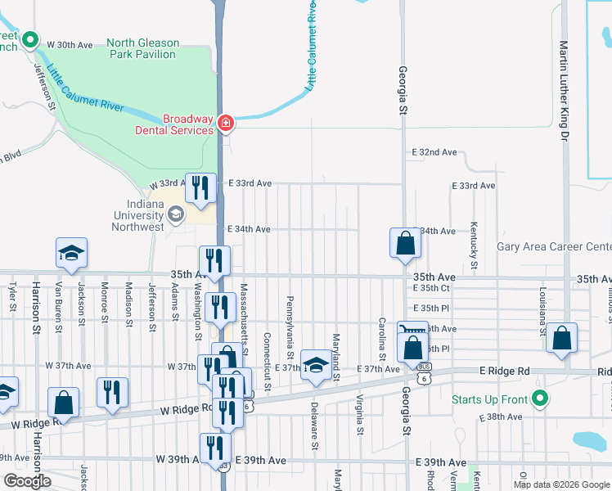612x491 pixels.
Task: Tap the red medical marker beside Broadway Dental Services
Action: pyautogui.click(x=226, y=124)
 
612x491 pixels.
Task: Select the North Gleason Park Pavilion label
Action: pyautogui.click(x=141, y=48)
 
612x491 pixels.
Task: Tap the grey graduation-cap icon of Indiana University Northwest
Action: pyautogui.click(x=174, y=214)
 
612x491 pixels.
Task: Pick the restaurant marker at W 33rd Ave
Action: pyautogui.click(x=200, y=187)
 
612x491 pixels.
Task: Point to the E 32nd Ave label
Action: pyautogui.click(x=434, y=153)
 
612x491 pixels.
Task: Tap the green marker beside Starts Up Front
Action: pyautogui.click(x=539, y=399)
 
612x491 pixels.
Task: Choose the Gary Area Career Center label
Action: pyautogui.click(x=554, y=246)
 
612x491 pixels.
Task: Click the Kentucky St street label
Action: pyautogui.click(x=474, y=245)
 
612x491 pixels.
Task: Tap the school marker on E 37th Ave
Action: pyautogui.click(x=315, y=364)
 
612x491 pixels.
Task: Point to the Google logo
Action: pyautogui.click(x=28, y=481)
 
